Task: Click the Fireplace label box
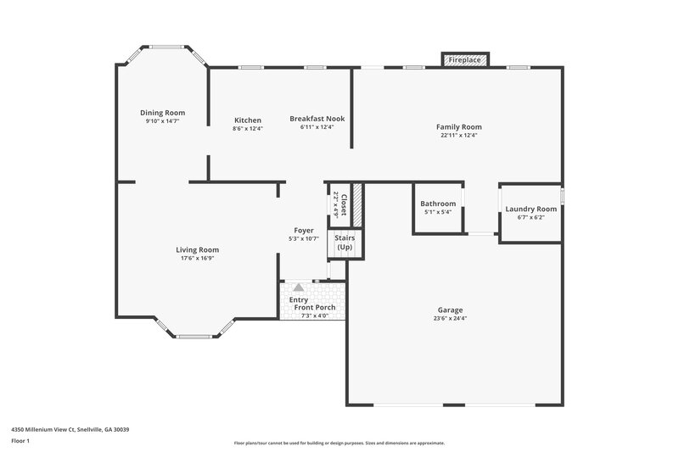tap(464, 60)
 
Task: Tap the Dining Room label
tap(162, 113)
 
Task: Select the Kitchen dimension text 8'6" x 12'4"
tap(248, 129)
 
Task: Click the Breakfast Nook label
tap(316, 119)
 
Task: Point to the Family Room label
tap(459, 127)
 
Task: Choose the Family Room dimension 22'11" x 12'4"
tap(459, 136)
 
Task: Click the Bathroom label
tap(438, 204)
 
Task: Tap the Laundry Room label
tap(530, 209)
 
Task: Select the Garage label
tap(450, 310)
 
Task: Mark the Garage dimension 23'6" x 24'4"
tap(450, 319)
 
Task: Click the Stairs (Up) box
tap(344, 243)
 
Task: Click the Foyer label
tap(303, 231)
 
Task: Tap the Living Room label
tap(198, 249)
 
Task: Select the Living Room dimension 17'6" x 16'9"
tap(198, 258)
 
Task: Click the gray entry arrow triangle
tap(298, 288)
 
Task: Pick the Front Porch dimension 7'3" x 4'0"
tap(315, 315)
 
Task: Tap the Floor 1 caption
tap(20, 442)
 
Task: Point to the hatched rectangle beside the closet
tap(357, 205)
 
